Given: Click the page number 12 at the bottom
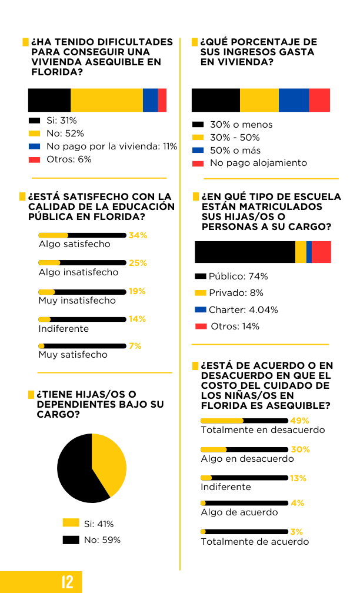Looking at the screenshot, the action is tap(68, 582).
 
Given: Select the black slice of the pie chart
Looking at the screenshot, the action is tap(76, 471).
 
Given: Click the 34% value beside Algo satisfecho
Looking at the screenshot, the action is tap(138, 235).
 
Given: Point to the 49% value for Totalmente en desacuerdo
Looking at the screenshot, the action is tap(299, 421).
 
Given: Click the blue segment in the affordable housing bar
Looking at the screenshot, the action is tap(150, 100).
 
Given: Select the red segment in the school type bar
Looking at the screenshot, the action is tap(321, 252).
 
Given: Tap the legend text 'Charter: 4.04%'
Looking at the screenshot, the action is tap(243, 309).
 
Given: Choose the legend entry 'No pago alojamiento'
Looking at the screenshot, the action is tap(258, 163).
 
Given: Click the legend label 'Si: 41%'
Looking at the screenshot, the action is tap(99, 524).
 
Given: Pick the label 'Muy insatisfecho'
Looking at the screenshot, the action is tap(77, 300).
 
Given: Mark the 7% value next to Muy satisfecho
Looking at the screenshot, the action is tap(135, 346).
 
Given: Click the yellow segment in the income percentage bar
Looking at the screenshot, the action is tap(259, 100).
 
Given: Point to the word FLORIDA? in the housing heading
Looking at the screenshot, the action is tap(56, 72).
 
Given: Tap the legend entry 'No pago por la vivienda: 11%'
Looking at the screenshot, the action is tap(112, 146).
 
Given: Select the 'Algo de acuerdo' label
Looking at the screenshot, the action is tap(239, 512).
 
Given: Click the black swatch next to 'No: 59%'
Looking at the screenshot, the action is tap(71, 539).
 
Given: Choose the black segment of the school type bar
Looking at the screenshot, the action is tap(245, 252).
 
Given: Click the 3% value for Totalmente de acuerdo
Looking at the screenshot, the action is tap(296, 532).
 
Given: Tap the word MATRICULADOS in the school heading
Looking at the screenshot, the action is tap(262, 206).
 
